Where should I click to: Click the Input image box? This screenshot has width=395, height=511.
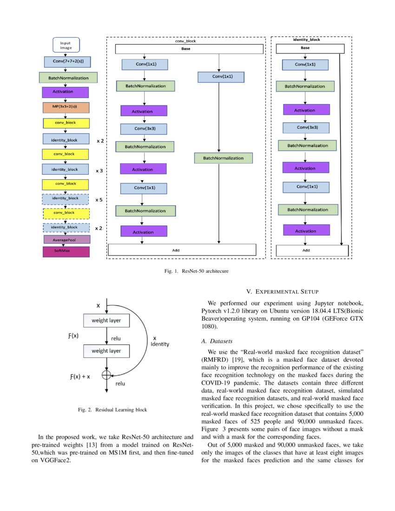[x=66, y=45]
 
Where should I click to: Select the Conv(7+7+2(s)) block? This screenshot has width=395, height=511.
[x=66, y=61]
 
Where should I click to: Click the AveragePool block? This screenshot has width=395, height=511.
[x=66, y=240]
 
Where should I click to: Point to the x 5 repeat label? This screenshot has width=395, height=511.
[x=99, y=200]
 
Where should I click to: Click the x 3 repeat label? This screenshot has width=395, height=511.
[x=99, y=171]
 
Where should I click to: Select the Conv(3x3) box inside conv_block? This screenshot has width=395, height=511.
[x=144, y=128]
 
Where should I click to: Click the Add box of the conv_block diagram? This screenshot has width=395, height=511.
[x=182, y=249]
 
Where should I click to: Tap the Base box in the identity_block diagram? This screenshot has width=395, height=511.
[x=310, y=48]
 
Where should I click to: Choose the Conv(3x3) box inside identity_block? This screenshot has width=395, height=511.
[x=306, y=127]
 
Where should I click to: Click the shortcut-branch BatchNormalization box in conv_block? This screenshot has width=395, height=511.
[x=223, y=158]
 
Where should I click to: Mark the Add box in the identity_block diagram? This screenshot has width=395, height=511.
[x=312, y=250]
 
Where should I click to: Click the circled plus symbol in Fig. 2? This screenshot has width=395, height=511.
[x=106, y=374]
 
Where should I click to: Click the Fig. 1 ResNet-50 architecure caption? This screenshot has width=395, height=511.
[x=197, y=270]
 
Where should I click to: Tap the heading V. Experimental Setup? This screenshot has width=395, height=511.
[x=282, y=291]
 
